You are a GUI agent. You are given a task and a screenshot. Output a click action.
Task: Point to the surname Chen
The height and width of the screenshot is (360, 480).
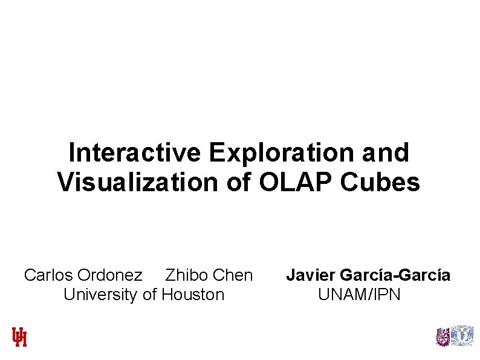click(233, 275)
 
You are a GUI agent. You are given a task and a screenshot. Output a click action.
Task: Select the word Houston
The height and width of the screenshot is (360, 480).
click(193, 295)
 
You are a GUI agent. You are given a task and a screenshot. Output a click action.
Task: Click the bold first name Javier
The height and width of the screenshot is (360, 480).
click(311, 275)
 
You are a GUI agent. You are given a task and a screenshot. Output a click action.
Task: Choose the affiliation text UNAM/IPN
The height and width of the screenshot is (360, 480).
click(359, 295)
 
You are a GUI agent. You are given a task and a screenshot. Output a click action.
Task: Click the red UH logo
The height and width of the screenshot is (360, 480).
click(20, 336)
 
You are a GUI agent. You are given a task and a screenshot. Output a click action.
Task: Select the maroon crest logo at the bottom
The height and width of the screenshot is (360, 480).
click(443, 336)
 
